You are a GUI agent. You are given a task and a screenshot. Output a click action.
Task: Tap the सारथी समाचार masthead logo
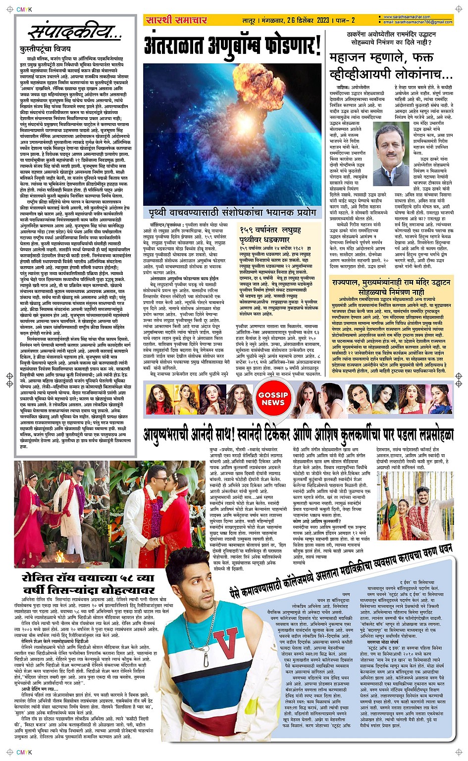pos(176,20)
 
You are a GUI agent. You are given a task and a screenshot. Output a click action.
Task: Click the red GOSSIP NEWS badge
pos(273,399)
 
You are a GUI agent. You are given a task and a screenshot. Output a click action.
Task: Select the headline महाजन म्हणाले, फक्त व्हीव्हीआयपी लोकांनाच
pos(391,66)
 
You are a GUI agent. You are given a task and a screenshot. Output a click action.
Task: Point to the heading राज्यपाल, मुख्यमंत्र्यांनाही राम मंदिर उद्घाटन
pos(391,285)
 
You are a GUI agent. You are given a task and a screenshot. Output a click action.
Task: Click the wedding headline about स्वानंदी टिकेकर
pos(298,434)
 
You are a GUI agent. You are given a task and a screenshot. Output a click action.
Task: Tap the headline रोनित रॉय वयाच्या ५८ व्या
pos(89,584)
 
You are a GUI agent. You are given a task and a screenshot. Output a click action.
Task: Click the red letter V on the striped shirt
pos(226,645)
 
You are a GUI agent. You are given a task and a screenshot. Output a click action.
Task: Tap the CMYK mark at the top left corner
pos(24,9)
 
